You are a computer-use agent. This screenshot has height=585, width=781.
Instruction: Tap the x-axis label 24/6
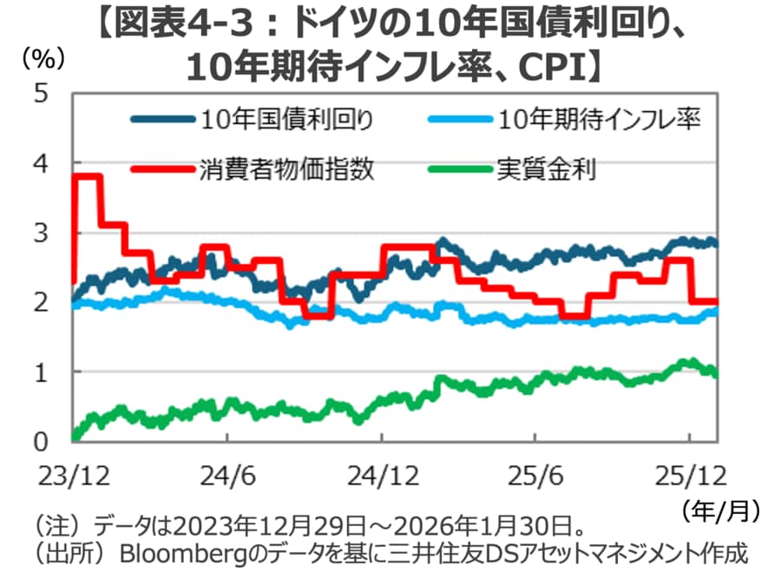pos(227,475)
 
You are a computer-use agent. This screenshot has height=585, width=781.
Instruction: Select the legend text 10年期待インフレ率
pos(600,119)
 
